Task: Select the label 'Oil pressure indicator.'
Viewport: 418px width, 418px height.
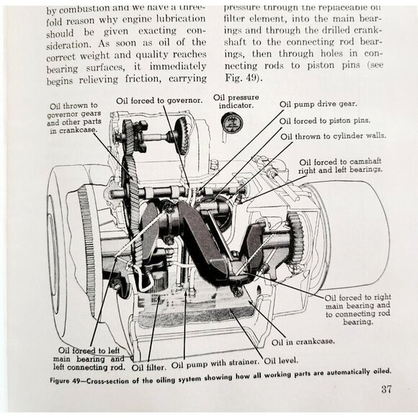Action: [234, 100]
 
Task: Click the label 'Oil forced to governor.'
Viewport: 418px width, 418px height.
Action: [159, 99]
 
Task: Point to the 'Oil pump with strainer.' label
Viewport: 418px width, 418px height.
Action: [215, 365]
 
